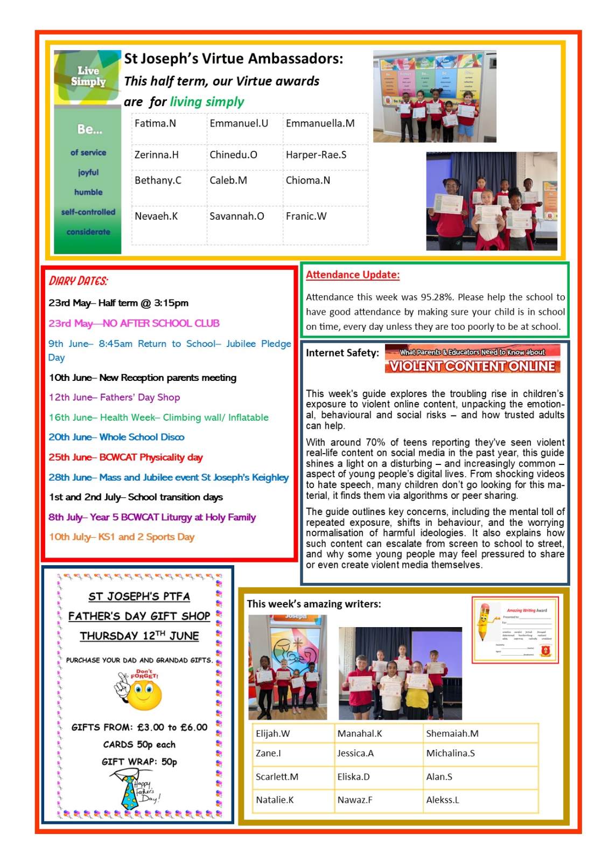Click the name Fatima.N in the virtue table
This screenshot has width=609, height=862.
point(155,123)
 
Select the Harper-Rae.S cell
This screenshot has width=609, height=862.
point(316,155)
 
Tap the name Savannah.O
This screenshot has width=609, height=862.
point(236,217)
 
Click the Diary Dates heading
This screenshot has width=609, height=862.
point(79,281)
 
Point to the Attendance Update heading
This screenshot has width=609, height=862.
point(353,275)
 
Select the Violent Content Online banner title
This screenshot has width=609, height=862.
point(472,366)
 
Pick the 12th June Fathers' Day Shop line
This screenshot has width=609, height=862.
point(114,398)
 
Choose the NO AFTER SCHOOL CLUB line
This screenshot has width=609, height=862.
point(134,323)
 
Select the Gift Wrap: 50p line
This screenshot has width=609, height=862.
point(139,762)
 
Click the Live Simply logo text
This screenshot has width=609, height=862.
point(88,76)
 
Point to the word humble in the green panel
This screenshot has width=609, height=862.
point(88,192)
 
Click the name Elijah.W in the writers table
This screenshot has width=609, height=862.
point(272,733)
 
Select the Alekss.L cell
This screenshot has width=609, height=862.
point(443,800)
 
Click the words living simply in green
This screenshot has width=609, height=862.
point(207,102)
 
